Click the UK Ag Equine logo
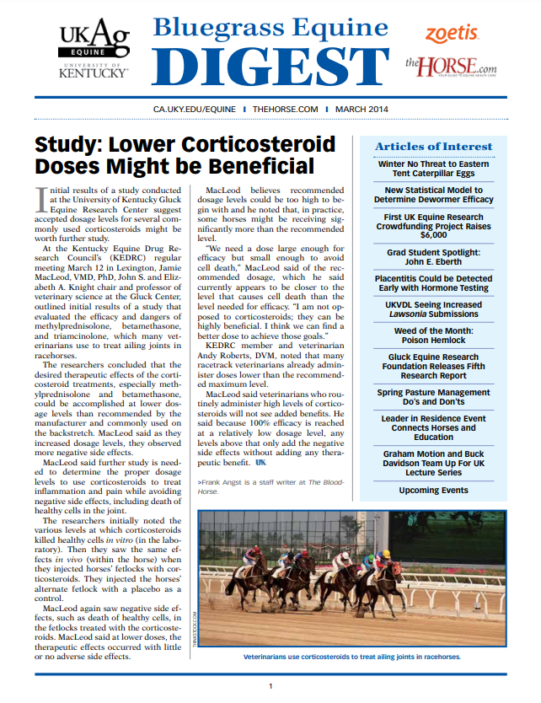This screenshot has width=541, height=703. (x=93, y=49)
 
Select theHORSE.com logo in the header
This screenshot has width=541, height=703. (x=450, y=65)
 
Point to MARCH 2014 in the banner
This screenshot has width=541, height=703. (x=363, y=110)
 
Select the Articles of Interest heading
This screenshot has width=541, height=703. (x=433, y=147)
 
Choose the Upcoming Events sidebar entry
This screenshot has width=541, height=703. (x=433, y=490)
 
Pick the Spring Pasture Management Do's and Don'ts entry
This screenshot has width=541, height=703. (x=433, y=398)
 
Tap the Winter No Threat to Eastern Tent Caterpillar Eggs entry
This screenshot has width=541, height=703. (x=433, y=169)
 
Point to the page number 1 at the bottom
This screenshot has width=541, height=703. (x=270, y=687)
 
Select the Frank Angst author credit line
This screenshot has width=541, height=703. (x=270, y=486)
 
